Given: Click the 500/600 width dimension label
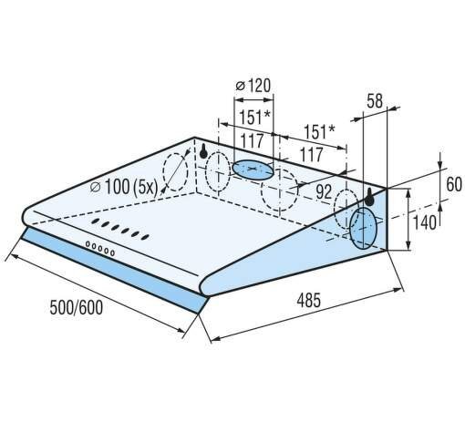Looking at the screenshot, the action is (76, 307).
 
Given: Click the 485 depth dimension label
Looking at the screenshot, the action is (308, 300).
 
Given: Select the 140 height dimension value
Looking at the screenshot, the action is (425, 222).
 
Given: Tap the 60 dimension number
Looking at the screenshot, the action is (454, 184).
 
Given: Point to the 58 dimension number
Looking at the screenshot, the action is (375, 101).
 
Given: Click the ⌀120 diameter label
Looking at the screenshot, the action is (253, 86).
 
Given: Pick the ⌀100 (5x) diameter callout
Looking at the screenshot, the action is (124, 187).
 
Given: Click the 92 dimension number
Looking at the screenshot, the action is (324, 191).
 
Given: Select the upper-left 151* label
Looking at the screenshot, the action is (254, 118).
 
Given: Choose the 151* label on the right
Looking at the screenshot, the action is (319, 131).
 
